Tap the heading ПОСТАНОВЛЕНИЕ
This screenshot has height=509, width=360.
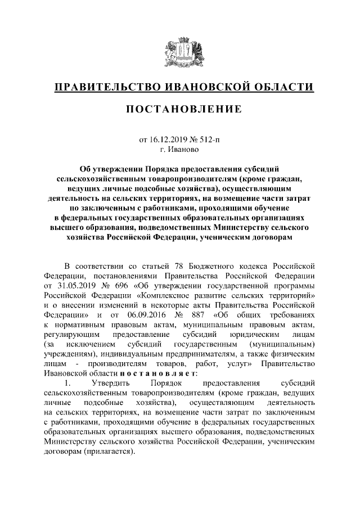point(180,109)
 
